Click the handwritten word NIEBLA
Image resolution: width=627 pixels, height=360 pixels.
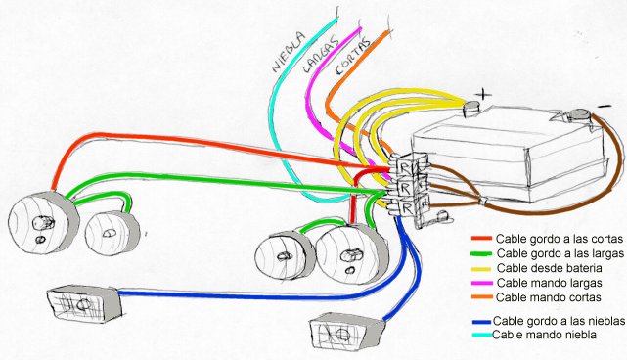289,52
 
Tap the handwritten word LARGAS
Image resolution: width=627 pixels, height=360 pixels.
320,55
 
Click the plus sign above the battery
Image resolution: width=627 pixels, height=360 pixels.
484,94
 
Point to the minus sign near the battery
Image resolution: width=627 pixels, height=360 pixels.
605,106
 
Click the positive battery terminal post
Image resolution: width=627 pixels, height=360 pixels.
471,108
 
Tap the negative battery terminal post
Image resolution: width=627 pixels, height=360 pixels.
579,115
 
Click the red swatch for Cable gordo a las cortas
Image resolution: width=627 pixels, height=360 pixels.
481,239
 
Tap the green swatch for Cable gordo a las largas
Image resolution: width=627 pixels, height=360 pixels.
481,253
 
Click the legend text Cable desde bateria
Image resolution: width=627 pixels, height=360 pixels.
549,268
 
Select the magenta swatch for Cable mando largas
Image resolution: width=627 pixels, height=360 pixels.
482,283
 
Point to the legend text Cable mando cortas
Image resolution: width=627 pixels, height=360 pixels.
548,297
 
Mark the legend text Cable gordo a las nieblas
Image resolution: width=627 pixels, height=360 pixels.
559,321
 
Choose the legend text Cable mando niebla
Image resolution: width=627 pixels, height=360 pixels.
544,335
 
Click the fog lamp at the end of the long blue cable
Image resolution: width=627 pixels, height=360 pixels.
84,303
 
